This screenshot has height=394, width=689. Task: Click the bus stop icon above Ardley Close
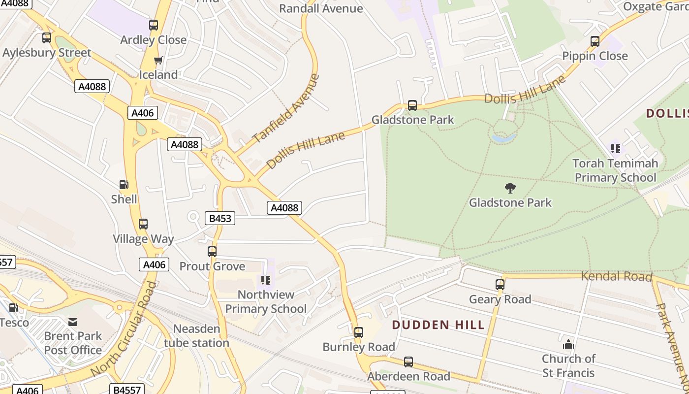point(154,25)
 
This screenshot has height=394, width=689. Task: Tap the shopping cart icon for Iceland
point(158,61)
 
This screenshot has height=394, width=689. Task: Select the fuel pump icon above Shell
point(124,185)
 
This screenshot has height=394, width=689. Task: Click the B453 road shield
point(219,218)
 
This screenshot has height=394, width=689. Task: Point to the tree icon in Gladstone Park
point(510,188)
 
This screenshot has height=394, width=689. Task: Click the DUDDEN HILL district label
point(438,325)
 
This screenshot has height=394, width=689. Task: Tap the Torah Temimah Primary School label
point(615,170)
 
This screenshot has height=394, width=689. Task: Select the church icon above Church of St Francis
point(568,344)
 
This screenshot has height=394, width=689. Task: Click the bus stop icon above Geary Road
point(500,285)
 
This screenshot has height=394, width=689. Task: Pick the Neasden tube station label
point(196,336)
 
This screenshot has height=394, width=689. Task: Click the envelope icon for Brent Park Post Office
point(73,322)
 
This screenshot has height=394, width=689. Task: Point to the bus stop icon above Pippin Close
point(595,41)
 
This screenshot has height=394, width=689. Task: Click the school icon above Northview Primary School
point(266,280)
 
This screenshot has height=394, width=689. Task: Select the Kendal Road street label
point(616,276)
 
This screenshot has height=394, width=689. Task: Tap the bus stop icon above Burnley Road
point(359,332)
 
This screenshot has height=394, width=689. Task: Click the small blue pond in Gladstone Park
point(503,138)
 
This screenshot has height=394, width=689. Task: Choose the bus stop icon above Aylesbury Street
point(47,38)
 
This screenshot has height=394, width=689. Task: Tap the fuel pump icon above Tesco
point(14,308)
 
